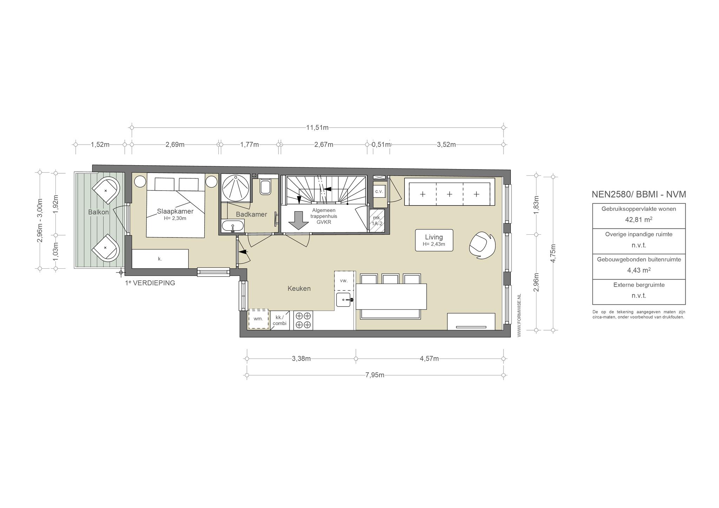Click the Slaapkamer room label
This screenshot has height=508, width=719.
click(175, 212)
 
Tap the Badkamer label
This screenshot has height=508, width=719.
click(251, 214)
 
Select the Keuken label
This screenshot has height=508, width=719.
click(299, 289)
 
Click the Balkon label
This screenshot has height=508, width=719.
click(98, 212)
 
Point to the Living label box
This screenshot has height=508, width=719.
click(434, 240)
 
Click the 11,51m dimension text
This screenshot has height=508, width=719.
click(317, 128)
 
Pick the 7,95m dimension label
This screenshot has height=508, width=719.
click(375, 375)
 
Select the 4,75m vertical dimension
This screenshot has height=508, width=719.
click(553, 253)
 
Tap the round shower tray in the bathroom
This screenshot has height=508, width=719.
click(236, 188)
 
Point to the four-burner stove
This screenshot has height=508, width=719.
click(303, 320)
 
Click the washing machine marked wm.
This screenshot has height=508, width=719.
click(258, 319)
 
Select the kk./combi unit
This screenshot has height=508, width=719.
click(280, 320)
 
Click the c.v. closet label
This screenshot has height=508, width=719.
click(379, 191)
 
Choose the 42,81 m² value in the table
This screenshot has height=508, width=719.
click(639, 220)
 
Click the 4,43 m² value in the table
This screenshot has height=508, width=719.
click(639, 270)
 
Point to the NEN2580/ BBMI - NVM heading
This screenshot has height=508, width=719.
click(639, 194)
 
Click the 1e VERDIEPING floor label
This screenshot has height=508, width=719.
click(150, 283)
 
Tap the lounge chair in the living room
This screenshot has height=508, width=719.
click(482, 246)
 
